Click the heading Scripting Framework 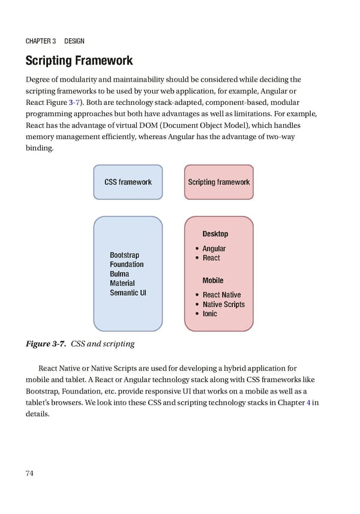point(79,61)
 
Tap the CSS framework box point(128,182)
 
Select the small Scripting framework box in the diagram point(218,182)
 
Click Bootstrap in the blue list point(124,256)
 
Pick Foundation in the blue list point(127,264)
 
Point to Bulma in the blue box point(119,274)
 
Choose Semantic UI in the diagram point(128,293)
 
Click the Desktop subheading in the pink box point(215,234)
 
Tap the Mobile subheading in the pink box point(212,280)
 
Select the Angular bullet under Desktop point(214,248)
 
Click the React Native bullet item point(221,295)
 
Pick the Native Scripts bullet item point(223,304)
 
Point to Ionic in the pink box point(209,314)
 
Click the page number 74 point(29,473)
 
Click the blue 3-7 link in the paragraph point(74,103)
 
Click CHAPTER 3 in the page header point(40,41)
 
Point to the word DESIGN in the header point(74,41)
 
